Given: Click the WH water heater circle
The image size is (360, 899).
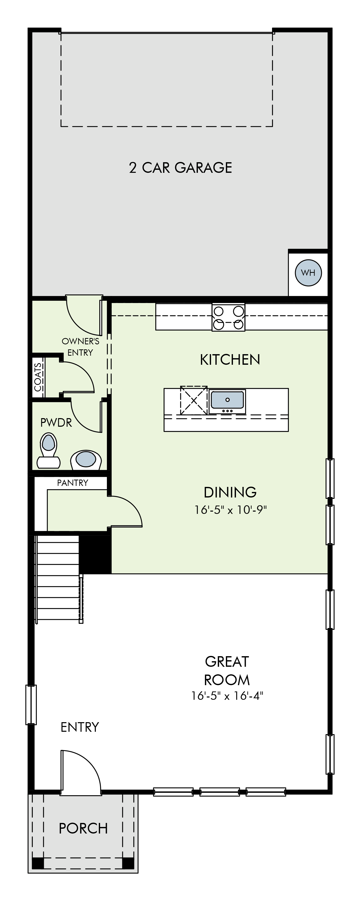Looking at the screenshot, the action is click(308, 273).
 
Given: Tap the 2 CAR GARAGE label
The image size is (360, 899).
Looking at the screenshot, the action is click(181, 168).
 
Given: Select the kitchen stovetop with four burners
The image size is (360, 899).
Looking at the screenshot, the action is click(228, 317).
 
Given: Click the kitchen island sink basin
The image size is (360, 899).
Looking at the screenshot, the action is click(227, 400).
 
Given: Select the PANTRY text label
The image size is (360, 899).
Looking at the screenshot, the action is click(73, 483).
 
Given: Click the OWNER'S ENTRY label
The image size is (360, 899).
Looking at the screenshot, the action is click(80, 347).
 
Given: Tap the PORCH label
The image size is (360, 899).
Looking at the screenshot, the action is click(83, 828).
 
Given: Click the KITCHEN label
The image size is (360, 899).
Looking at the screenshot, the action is click(230, 359).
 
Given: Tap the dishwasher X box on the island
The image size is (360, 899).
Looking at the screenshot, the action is click(194, 400).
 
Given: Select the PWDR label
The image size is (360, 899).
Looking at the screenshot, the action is click(56, 423).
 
